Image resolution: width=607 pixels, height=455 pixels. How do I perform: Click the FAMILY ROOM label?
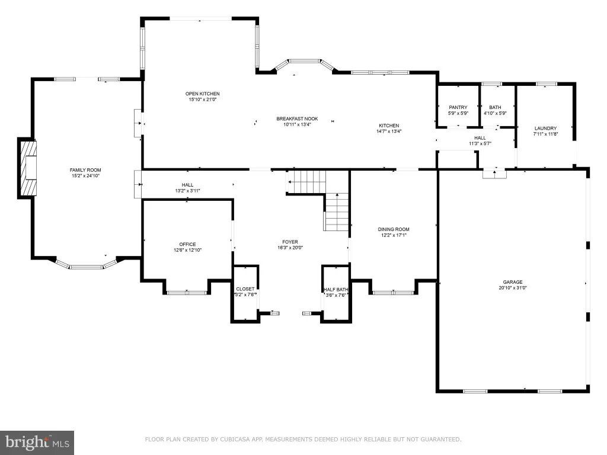(85, 170)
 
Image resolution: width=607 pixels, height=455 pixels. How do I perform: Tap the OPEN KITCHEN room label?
(203, 94)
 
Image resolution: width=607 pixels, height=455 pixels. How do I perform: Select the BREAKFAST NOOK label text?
(298, 118)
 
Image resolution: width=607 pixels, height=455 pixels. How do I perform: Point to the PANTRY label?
(458, 107)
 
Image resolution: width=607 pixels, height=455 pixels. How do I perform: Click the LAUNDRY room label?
(545, 128)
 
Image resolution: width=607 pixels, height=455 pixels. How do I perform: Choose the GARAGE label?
(513, 282)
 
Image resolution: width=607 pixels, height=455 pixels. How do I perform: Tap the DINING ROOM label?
(394, 229)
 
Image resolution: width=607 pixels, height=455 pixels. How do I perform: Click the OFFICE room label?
(187, 244)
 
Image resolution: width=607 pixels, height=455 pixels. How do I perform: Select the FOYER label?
(290, 242)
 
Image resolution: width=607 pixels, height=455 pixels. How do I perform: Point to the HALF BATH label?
(336, 289)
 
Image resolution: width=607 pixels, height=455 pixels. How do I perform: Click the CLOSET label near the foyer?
(245, 289)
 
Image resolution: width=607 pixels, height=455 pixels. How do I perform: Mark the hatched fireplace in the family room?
(28, 168)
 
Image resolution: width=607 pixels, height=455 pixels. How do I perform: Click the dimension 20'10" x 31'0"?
(513, 288)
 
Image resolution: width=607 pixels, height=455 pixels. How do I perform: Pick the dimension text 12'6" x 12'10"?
(187, 250)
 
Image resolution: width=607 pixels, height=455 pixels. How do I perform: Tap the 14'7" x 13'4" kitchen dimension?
(389, 131)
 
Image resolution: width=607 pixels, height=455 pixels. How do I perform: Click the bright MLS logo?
(37, 443)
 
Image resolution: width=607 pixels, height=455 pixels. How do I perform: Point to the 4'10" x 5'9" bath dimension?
(495, 113)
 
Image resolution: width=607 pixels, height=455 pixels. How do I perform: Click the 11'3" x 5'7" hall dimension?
(480, 143)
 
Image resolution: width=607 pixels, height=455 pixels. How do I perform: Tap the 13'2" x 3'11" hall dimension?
(187, 191)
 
